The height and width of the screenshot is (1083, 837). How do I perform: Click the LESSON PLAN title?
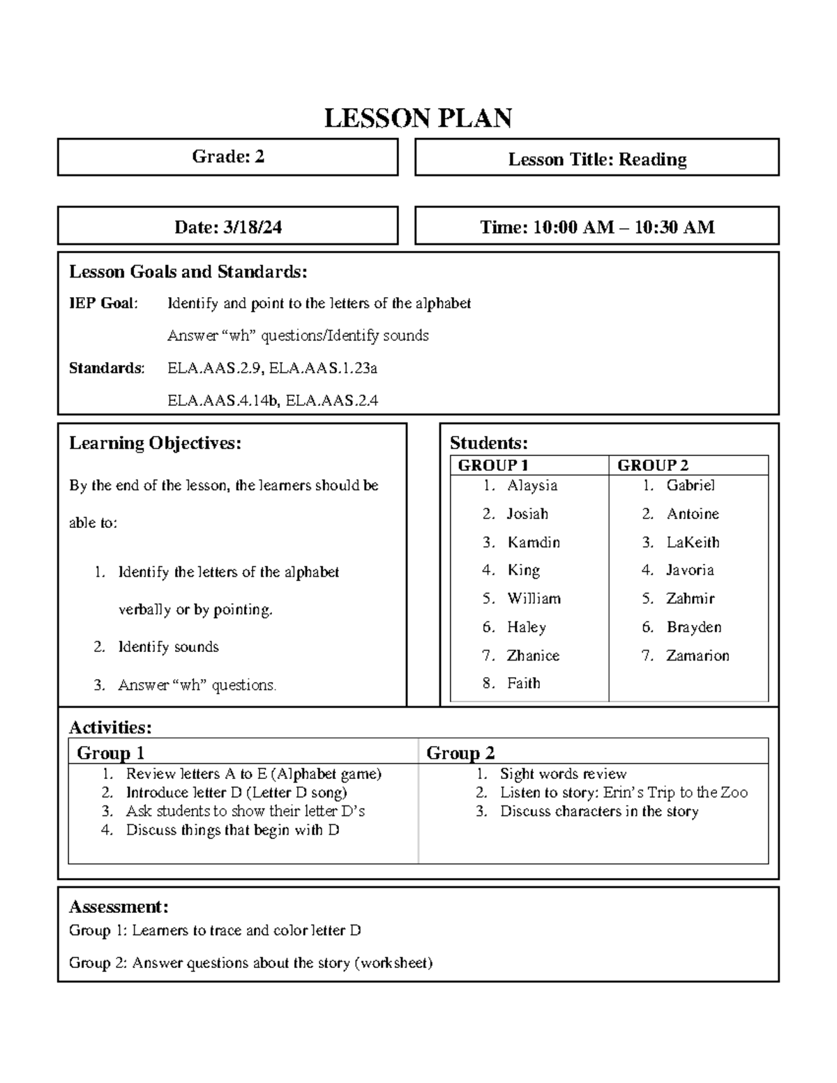click(418, 119)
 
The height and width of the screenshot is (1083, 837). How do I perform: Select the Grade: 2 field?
click(228, 157)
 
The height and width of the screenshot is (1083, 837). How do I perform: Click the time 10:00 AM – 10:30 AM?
click(624, 227)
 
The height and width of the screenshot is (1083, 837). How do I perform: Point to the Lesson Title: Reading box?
click(597, 160)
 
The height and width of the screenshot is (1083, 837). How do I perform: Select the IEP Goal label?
click(103, 303)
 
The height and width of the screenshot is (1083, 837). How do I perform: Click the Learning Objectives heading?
click(155, 443)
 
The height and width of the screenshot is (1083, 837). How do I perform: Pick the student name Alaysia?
click(532, 485)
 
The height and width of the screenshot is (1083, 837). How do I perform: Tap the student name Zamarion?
click(697, 656)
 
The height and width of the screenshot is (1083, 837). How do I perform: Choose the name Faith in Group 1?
click(523, 683)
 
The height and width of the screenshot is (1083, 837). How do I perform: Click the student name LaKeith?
click(693, 543)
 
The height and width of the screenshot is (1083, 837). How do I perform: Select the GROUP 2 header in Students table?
click(653, 465)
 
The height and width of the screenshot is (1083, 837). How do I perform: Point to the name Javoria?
click(690, 570)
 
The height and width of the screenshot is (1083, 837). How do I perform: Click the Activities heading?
click(110, 727)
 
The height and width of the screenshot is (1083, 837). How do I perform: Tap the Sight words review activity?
click(563, 774)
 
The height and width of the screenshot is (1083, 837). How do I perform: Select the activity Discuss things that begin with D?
click(232, 830)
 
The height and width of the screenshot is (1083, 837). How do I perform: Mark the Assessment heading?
click(118, 907)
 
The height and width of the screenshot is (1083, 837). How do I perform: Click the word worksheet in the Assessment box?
click(393, 963)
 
